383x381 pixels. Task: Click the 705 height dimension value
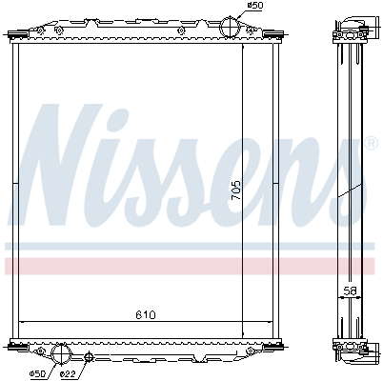click(x=236, y=190)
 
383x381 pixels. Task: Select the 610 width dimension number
click(x=146, y=315)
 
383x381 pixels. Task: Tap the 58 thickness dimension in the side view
click(x=351, y=291)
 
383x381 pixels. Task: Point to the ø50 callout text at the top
click(x=255, y=5)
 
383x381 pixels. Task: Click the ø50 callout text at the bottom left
click(x=38, y=374)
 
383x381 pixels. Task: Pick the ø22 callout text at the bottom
click(x=68, y=374)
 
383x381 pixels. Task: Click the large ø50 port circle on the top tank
click(x=229, y=28)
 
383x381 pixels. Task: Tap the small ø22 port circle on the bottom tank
click(x=89, y=357)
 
